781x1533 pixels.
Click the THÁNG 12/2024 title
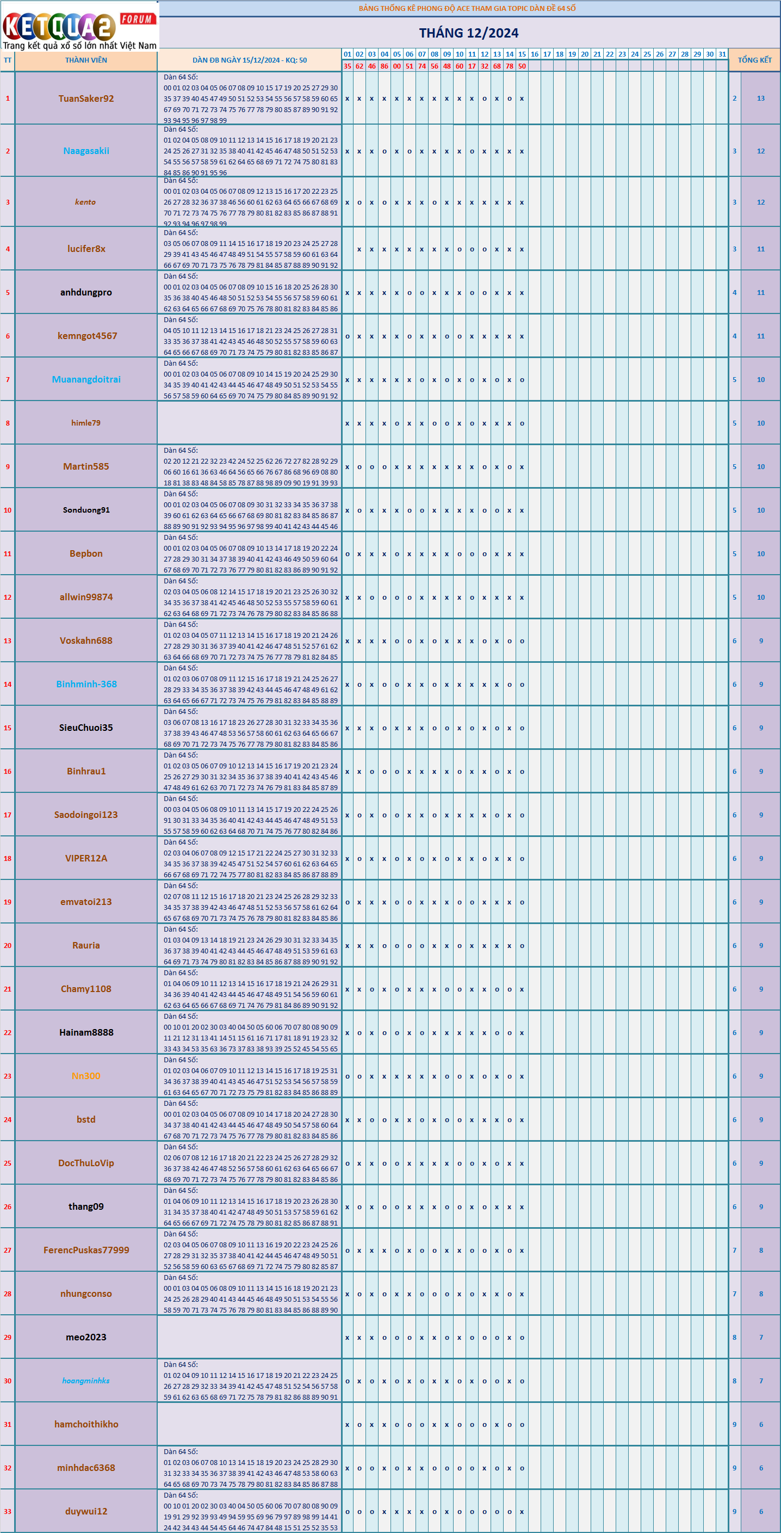(x=468, y=33)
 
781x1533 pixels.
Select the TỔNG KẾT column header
(x=754, y=60)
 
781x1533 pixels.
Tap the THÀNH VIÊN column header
(x=86, y=60)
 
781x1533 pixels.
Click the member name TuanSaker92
(x=86, y=99)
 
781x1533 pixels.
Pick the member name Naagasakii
(x=86, y=151)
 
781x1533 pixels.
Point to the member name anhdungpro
(x=86, y=292)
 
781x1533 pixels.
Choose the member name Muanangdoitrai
(x=86, y=380)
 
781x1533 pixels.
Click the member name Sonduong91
(x=86, y=510)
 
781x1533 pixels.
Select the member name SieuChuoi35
(x=86, y=728)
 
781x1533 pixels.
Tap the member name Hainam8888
(x=86, y=1032)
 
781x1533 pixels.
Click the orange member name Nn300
(x=86, y=1076)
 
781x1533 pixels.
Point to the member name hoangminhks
(x=86, y=1381)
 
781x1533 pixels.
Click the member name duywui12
(x=86, y=1511)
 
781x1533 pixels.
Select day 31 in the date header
(x=722, y=54)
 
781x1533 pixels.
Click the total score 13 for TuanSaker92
(x=761, y=99)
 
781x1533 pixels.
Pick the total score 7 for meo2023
(x=761, y=1337)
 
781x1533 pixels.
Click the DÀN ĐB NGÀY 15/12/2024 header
(x=249, y=60)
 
